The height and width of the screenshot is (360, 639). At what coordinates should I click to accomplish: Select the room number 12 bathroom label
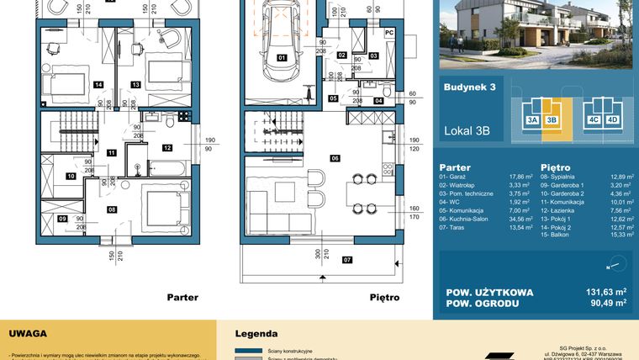tap(167, 147)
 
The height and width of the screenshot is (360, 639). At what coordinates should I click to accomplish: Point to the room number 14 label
tap(98, 85)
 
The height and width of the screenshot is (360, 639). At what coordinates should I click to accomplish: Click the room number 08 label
tap(111, 209)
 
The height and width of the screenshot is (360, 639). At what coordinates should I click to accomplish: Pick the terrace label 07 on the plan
tap(323, 259)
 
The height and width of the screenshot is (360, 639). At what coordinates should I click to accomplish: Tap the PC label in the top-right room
tap(388, 33)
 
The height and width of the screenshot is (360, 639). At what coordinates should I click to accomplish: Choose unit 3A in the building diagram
tap(532, 120)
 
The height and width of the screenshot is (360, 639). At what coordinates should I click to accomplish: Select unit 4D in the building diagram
tap(613, 120)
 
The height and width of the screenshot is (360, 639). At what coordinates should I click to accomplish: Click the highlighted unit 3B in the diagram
tap(552, 120)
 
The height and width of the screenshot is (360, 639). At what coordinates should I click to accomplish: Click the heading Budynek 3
tap(469, 87)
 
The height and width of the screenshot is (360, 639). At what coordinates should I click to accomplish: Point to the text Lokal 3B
tap(467, 130)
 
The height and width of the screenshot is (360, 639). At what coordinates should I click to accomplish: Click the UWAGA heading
tap(28, 333)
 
